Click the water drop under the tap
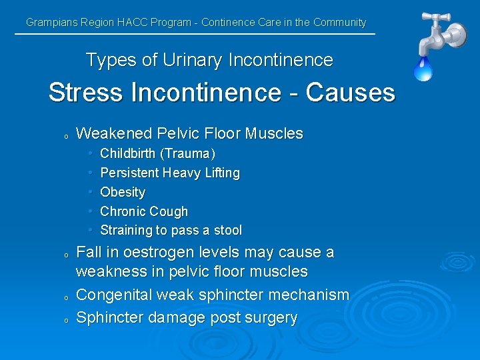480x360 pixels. click(423, 68)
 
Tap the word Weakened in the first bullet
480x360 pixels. click(113, 133)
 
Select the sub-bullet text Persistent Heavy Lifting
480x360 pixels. click(169, 173)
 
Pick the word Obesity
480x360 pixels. click(123, 192)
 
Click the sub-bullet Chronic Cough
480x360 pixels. click(144, 211)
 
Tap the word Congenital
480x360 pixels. click(115, 295)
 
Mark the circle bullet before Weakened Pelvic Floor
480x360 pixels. click(66, 136)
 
